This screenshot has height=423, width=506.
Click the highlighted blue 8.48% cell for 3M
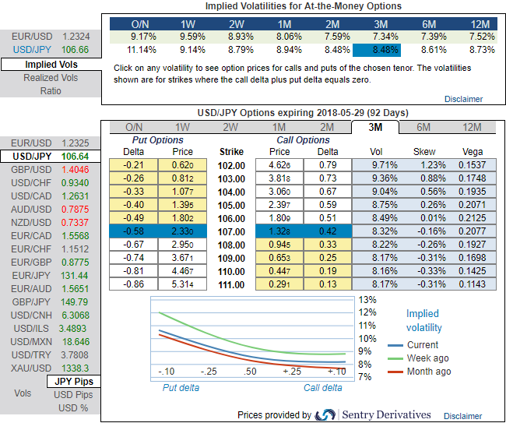point(376,50)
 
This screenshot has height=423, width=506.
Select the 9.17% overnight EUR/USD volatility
point(140,37)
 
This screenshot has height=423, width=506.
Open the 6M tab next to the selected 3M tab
point(423,127)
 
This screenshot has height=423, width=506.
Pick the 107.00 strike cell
point(232,231)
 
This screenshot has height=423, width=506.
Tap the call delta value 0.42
point(328,231)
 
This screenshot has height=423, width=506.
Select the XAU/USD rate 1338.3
point(75,368)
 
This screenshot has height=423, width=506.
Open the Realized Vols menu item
point(51,77)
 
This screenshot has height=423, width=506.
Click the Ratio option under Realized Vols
point(51,90)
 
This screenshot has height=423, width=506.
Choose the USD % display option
point(73,408)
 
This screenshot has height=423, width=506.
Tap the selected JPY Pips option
point(74,382)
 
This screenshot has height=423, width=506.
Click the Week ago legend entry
point(427,358)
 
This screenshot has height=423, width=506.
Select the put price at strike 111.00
point(183,284)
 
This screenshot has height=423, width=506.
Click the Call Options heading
point(304,140)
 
